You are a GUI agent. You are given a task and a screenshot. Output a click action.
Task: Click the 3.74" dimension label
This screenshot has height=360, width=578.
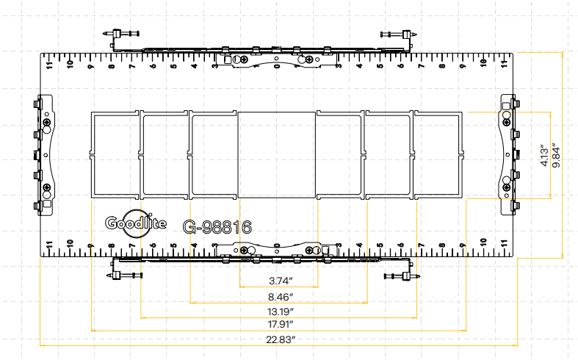click(x=278, y=281)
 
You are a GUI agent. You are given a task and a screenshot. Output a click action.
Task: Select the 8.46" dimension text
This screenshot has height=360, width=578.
click(x=278, y=297)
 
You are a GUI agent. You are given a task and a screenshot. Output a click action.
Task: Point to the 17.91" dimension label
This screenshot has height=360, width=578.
click(x=278, y=324)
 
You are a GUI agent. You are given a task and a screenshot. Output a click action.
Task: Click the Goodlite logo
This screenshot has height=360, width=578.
click(x=136, y=224)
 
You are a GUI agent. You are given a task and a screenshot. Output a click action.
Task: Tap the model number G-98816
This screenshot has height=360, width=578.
click(x=218, y=226)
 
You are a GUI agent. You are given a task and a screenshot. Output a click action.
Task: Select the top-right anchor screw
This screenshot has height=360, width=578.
click(x=399, y=34)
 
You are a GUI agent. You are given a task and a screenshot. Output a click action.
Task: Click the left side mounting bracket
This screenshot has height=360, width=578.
click(x=44, y=156)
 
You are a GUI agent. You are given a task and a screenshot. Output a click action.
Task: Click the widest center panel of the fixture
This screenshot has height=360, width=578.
click(x=277, y=154)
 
